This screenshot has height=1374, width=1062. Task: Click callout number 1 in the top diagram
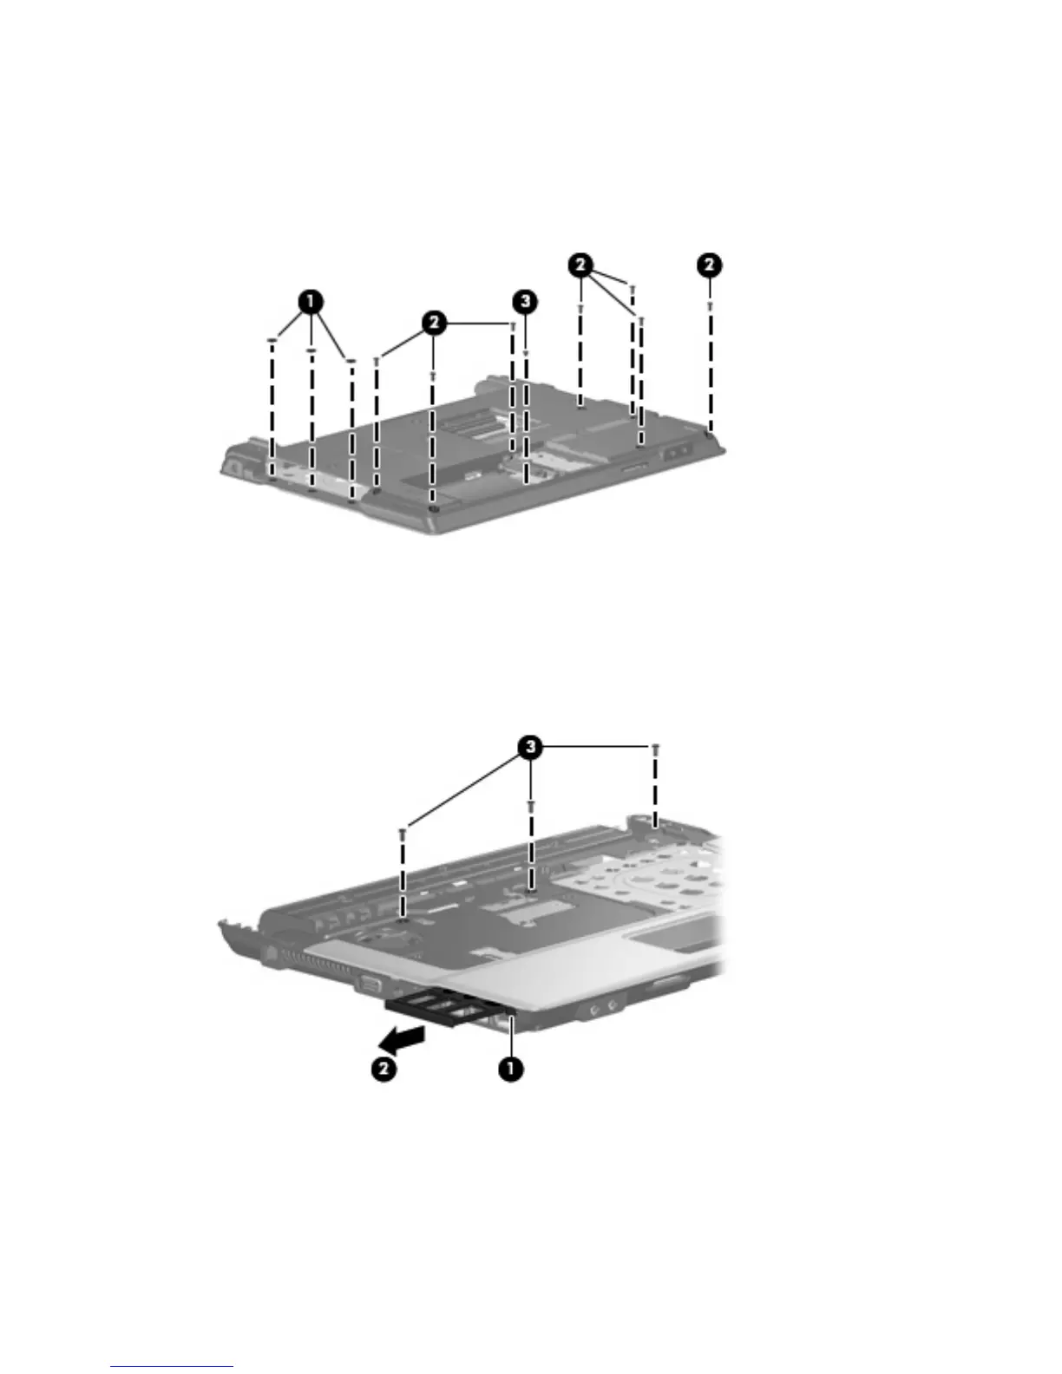311,303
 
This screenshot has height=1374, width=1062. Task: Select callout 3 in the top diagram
523,302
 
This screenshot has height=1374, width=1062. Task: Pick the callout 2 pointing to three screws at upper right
581,265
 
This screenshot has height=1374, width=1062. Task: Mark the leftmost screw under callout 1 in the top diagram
272,341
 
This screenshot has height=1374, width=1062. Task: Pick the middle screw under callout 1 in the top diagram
311,352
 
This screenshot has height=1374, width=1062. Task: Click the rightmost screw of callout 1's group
351,362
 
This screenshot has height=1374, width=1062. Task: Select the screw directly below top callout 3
526,354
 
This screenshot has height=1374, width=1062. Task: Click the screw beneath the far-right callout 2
710,304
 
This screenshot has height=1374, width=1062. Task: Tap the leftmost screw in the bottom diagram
403,833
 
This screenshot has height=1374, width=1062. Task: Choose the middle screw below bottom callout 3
530,806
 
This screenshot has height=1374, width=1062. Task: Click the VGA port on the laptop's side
368,983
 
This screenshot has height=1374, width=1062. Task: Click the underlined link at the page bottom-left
172,1368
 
